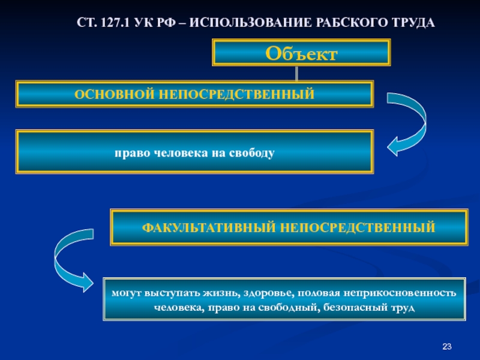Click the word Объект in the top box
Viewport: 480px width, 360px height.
point(301,53)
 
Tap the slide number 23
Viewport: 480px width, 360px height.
point(446,346)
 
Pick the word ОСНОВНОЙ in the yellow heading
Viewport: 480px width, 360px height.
point(114,94)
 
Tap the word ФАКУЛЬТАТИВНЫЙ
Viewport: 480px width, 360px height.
point(209,227)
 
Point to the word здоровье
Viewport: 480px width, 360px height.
point(269,293)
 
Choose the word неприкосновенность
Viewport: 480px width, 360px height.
point(400,293)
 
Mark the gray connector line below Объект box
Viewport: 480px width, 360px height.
point(296,73)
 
